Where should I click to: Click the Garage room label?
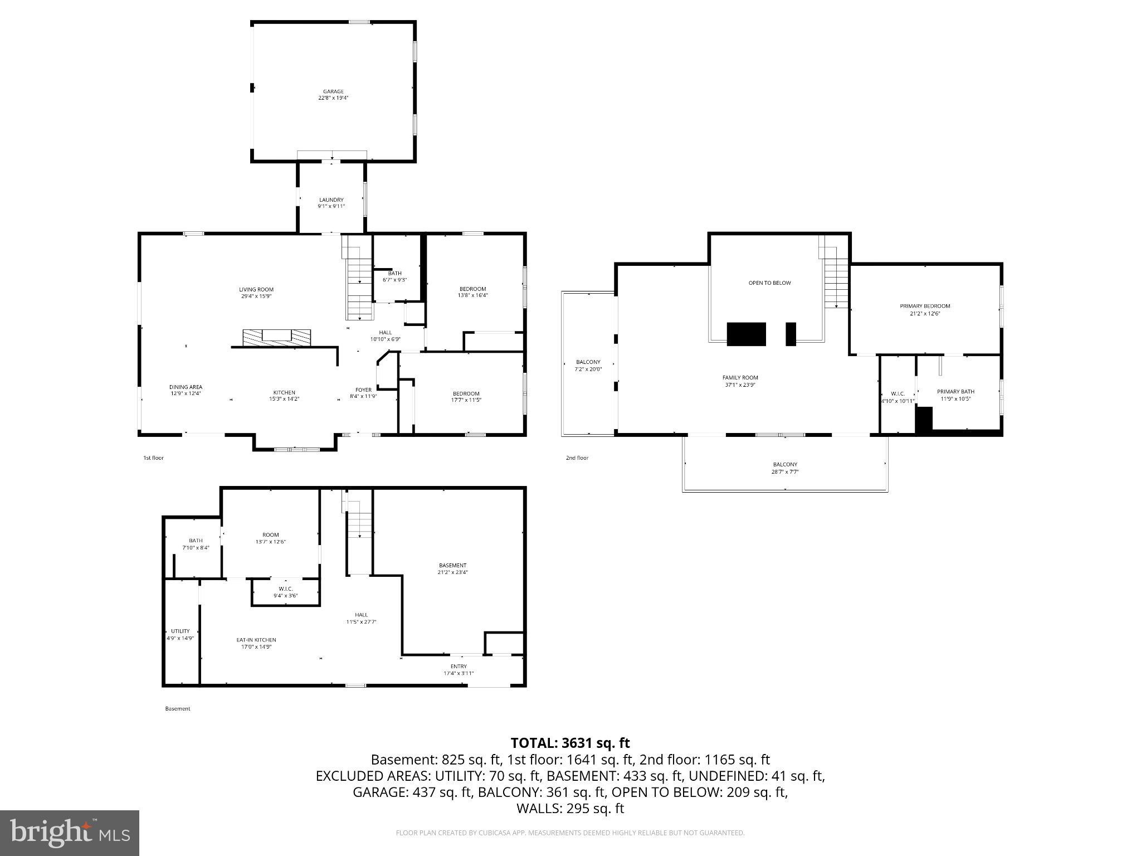click(333, 91)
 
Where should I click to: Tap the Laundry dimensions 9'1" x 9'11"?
click(331, 206)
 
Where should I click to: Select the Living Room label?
click(256, 289)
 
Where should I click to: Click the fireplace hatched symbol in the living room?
click(276, 337)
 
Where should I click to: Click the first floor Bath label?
click(394, 273)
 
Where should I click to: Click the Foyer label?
click(363, 390)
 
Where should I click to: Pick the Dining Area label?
click(186, 387)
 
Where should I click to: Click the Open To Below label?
click(769, 283)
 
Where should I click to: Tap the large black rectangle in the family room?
click(746, 334)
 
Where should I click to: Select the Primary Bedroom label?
click(925, 306)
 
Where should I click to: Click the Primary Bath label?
click(955, 391)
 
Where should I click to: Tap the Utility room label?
click(180, 631)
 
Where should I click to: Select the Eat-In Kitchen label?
click(256, 640)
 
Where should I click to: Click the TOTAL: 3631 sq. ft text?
click(570, 743)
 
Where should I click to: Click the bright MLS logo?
click(70, 833)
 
